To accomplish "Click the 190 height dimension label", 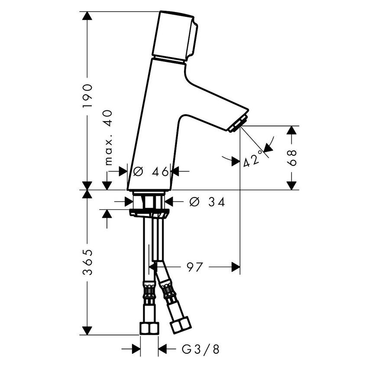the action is tap(87, 96).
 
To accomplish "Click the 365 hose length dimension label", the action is tap(88, 262).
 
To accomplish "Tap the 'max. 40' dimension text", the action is tap(108, 138).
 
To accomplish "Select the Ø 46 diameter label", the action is tap(151, 171).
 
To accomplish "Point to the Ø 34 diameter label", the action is tap(207, 202).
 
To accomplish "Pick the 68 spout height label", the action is tap(292, 158).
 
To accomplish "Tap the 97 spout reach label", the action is tap(194, 267).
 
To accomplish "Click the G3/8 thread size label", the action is tap(200, 349).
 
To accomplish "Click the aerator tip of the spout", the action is tap(238, 123).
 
